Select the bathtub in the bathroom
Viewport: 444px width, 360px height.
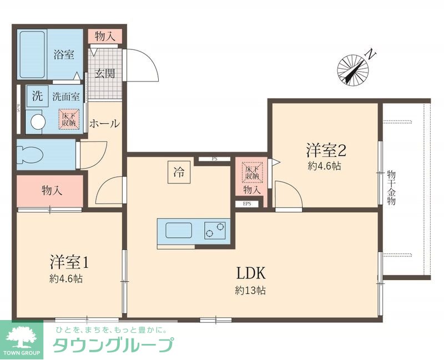(x=32, y=54)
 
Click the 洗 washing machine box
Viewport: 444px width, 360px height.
(x=37, y=95)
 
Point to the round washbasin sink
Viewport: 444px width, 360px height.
(x=37, y=121)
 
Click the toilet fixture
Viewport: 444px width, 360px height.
(x=28, y=154)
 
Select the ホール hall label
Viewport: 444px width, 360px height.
(x=104, y=123)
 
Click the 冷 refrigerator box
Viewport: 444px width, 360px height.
(x=179, y=172)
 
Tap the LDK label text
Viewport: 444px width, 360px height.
(x=253, y=273)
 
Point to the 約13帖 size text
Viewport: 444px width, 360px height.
(x=250, y=290)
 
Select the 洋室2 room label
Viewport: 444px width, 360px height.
(x=326, y=150)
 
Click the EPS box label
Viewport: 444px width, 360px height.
(x=247, y=204)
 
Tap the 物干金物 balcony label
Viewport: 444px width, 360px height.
(x=391, y=189)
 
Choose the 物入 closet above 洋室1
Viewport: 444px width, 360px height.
(x=52, y=191)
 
